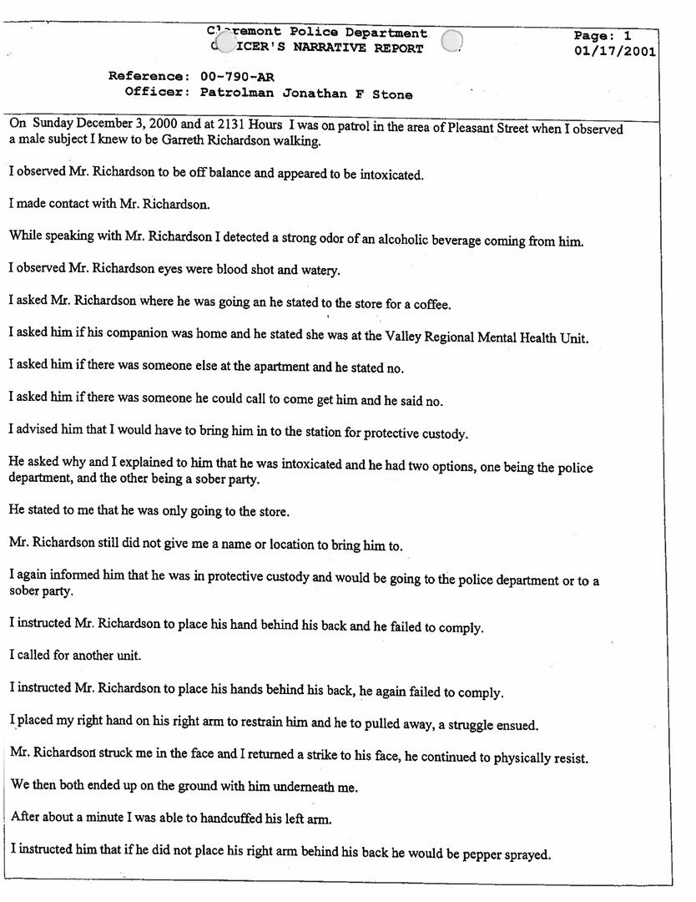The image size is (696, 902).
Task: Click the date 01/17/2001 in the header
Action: click(x=615, y=52)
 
